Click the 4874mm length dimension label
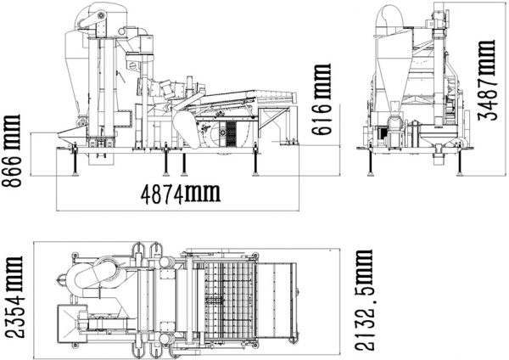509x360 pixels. coord(180,194)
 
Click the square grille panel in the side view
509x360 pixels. coord(227,132)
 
